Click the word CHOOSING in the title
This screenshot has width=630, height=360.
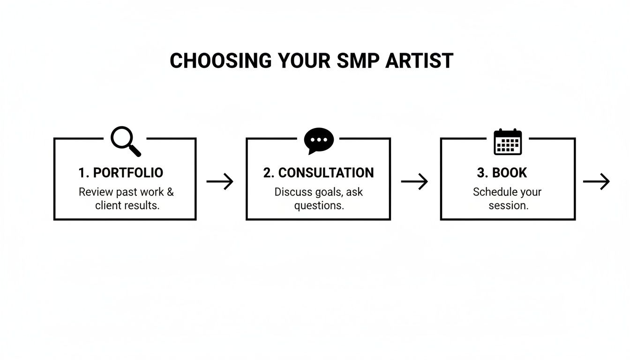[x=220, y=61]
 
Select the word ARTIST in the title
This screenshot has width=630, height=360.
[x=419, y=61]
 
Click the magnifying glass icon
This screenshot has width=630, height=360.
[x=125, y=141]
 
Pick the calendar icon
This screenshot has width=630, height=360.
[x=508, y=142]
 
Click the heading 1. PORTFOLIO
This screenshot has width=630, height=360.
[x=121, y=172]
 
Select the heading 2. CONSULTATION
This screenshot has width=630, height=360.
[x=319, y=172]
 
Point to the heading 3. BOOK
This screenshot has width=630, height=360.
[x=502, y=172]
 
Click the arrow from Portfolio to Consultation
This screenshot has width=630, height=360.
[x=220, y=181]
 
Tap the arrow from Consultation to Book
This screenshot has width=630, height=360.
[x=414, y=181]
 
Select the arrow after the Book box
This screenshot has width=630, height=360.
[x=596, y=181]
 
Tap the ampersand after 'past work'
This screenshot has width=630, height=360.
[x=170, y=192]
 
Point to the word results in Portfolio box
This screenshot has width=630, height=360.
[x=143, y=205]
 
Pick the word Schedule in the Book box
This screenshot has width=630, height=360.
[x=492, y=192]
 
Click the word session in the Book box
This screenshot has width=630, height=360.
[x=508, y=205]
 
